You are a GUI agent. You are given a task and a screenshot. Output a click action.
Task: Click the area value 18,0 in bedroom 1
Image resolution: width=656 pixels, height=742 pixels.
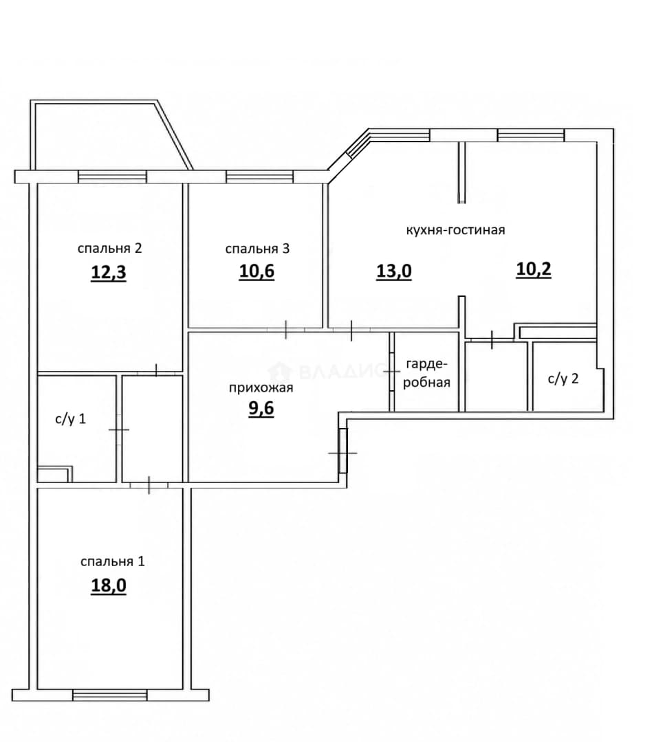pos(109,585)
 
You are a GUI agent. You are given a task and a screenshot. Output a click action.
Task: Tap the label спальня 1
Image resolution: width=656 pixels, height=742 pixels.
pos(112,561)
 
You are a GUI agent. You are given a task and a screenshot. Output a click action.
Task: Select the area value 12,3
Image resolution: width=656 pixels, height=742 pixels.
pos(109,273)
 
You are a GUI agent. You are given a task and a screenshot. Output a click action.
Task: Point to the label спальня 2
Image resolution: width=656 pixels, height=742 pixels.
pos(109,248)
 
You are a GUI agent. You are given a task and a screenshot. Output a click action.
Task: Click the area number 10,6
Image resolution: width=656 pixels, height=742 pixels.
pos(256,271)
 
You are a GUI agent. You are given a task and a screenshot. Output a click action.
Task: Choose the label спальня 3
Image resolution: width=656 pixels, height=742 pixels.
pos(257,249)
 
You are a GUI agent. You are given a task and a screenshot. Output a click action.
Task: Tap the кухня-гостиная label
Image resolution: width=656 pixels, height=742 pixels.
pos(456,230)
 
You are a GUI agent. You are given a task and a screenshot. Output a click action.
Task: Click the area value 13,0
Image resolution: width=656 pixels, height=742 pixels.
pos(393,271)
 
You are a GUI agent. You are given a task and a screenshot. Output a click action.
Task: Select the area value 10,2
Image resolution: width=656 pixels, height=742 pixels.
pos(534,269)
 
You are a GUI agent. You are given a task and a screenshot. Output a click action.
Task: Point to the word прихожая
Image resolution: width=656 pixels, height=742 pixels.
pos(261,388)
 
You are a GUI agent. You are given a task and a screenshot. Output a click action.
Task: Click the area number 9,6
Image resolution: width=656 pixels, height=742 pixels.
pos(261,407)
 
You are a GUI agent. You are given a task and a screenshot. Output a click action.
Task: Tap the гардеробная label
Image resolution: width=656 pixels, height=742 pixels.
pos(427,373)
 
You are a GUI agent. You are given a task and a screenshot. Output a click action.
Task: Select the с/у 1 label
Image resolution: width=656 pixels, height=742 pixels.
pos(71,419)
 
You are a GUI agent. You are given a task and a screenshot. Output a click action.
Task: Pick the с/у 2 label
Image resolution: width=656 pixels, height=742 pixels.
pos(563,379)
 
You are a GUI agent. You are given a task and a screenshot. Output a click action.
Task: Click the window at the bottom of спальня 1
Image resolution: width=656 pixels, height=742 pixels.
pos(110,695)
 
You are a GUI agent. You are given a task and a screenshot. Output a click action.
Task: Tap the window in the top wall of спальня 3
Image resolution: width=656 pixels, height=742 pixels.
pos(259,177)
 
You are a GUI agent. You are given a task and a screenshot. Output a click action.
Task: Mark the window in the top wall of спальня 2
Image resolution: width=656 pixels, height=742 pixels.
pos(112,177)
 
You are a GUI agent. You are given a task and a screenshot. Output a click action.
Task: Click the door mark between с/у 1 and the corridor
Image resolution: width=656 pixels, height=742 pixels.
pos(119,429)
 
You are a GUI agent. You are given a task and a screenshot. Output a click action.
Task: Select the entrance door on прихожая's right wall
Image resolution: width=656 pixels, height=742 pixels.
pos(343,451)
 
